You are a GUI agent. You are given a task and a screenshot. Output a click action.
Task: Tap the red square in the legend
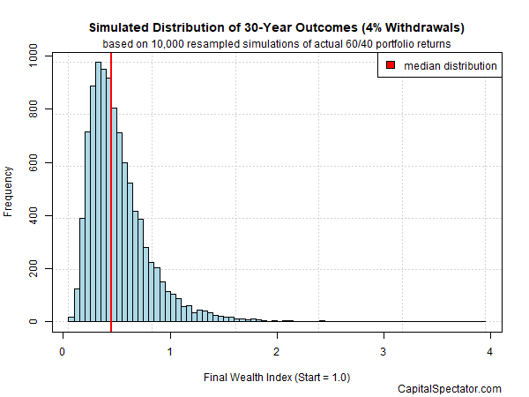click(x=391, y=65)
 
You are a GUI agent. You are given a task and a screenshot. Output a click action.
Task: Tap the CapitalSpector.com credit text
click(x=451, y=389)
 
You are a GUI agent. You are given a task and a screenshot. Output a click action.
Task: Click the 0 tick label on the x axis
click(x=63, y=349)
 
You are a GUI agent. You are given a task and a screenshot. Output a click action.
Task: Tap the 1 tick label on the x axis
click(x=169, y=349)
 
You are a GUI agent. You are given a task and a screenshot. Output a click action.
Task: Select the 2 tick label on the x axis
click(x=277, y=349)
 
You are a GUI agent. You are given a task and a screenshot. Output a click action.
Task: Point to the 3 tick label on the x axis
click(x=384, y=349)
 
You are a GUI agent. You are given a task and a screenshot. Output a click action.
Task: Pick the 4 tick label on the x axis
click(x=490, y=349)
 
